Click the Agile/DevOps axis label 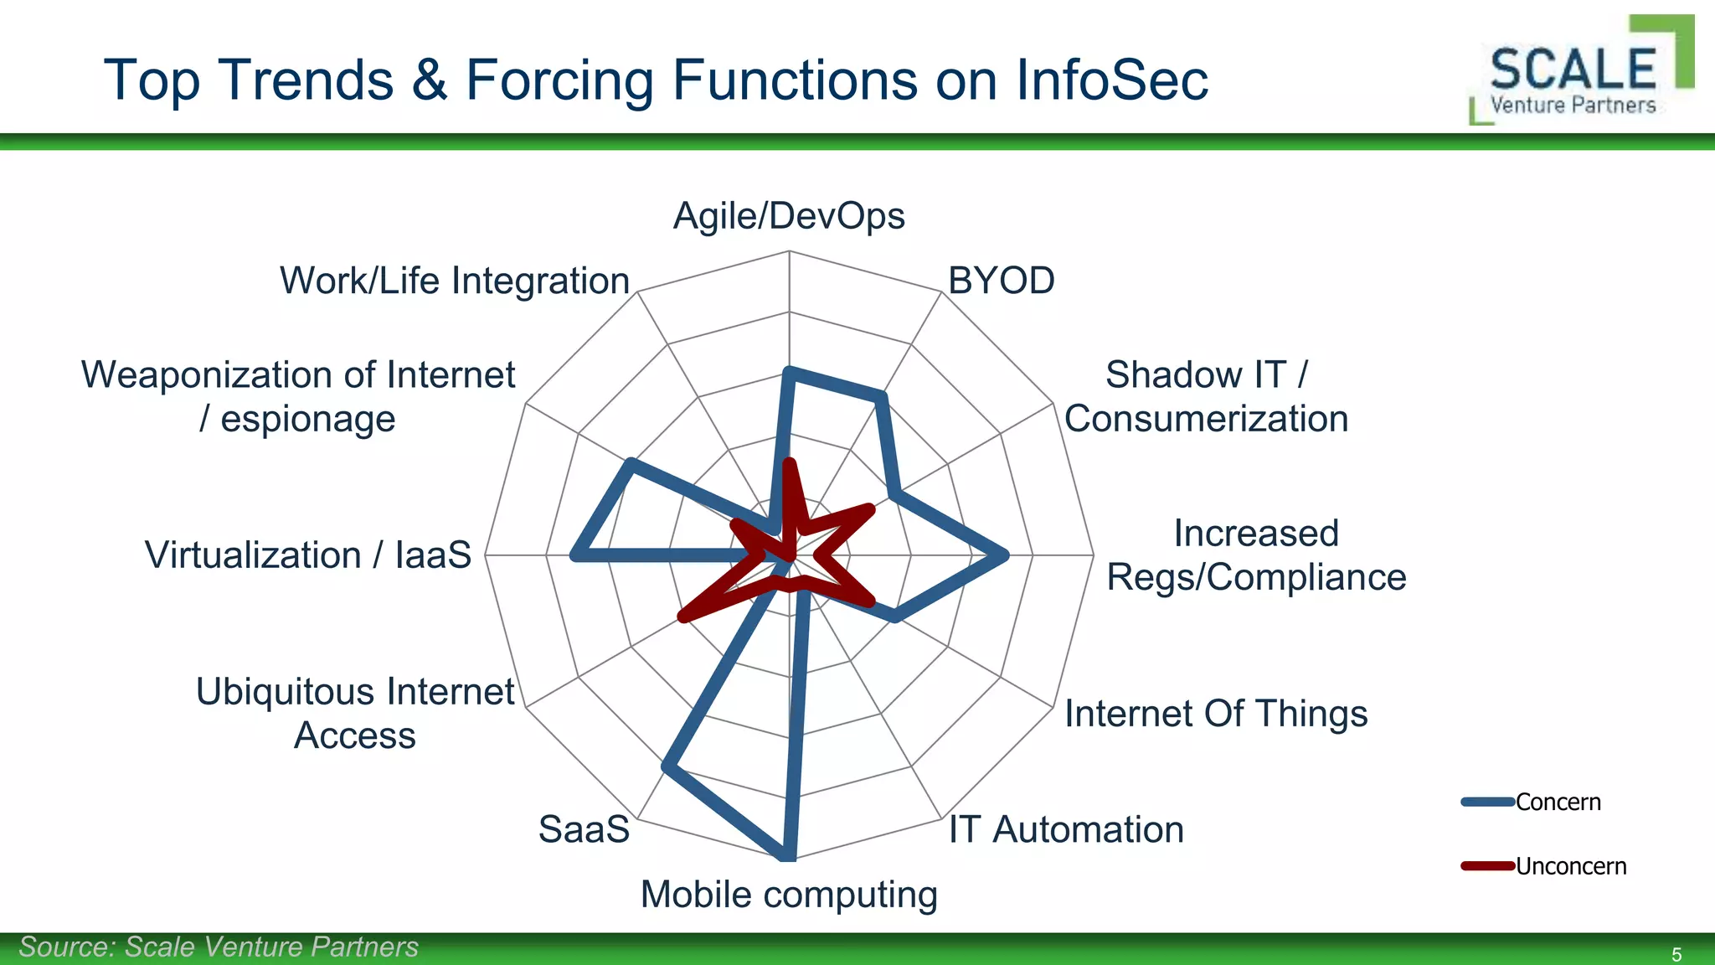click(x=789, y=216)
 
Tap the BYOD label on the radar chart click(x=1001, y=281)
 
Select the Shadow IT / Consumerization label click(x=1206, y=396)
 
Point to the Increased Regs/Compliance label click(x=1255, y=555)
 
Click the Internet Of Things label click(x=1215, y=714)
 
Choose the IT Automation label click(x=1065, y=829)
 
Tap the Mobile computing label click(x=789, y=895)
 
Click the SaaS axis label click(x=584, y=829)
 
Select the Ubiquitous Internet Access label click(x=355, y=714)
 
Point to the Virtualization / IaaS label click(x=308, y=555)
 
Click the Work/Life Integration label click(x=455, y=281)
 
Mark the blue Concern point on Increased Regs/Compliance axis click(x=1005, y=555)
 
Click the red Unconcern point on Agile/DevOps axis click(x=788, y=462)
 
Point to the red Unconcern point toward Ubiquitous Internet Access click(x=682, y=617)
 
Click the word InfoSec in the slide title click(x=1112, y=80)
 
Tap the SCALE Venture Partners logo click(x=1579, y=74)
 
